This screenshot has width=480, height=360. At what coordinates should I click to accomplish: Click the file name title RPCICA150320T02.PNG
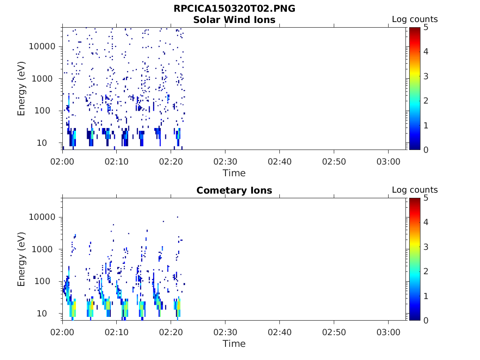pos(234,9)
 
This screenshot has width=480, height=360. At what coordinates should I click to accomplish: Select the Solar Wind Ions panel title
pos(234,20)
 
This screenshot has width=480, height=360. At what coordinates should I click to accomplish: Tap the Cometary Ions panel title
pos(234,190)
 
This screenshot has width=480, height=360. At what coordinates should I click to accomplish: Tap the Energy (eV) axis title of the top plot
pos(22,88)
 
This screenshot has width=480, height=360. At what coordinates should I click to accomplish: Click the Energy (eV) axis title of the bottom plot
pos(22,259)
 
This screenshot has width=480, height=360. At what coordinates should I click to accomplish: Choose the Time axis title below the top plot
pos(234,173)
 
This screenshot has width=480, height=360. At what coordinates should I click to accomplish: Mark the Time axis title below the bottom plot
pos(234,344)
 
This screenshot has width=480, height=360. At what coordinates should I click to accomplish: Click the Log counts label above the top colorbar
pos(414,19)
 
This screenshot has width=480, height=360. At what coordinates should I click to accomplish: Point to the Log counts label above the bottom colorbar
pos(414,190)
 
